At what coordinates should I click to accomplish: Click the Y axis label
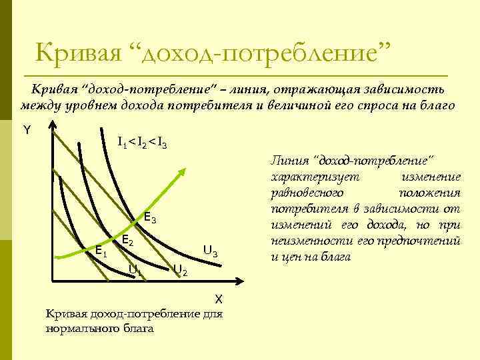click(27, 130)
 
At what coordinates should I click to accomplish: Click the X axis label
click(218, 299)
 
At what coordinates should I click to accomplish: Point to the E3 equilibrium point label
click(151, 218)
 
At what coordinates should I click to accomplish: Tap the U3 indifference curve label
click(210, 251)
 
